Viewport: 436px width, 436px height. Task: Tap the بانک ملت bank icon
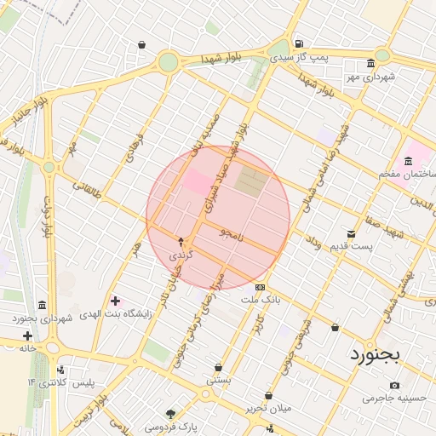coord(260,288)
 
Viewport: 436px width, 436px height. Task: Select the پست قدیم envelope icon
coord(351,233)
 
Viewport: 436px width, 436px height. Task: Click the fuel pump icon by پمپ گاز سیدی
coord(297,44)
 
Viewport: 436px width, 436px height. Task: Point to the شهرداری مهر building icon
coord(370,64)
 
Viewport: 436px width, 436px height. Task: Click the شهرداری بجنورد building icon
coord(43,305)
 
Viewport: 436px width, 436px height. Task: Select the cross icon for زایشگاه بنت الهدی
coord(115,301)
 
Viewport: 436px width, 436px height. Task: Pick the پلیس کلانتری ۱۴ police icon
coord(60,370)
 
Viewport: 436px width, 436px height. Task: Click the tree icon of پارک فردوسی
coord(172,413)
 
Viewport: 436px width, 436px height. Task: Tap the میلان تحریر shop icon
coord(269,395)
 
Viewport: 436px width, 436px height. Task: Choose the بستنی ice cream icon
coord(219,368)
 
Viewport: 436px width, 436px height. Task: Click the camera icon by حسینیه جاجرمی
coord(394,386)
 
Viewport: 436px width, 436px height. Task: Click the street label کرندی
coord(180,255)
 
